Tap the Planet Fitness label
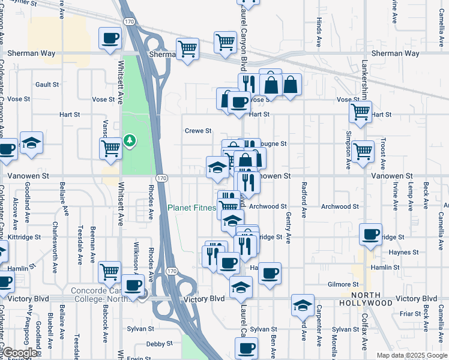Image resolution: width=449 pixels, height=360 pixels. (x=191, y=208)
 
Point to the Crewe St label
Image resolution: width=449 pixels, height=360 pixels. (x=198, y=131)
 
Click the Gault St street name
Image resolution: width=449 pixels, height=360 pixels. (x=47, y=85)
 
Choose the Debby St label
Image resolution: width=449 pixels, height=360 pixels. (x=160, y=344)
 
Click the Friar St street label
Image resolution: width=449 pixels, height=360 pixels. (x=411, y=314)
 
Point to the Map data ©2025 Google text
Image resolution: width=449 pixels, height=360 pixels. (x=411, y=355)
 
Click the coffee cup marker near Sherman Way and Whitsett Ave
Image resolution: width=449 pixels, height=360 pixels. (x=110, y=40)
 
